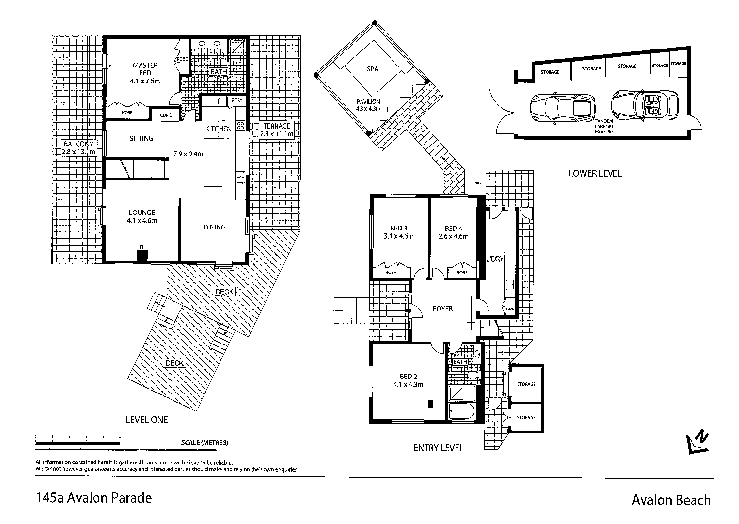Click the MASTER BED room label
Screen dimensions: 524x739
pyautogui.click(x=145, y=69)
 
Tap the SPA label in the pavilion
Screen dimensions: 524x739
pyautogui.click(x=372, y=69)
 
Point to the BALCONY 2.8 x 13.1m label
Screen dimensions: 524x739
pyautogui.click(x=78, y=147)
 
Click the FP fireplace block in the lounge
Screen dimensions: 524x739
pyautogui.click(x=142, y=256)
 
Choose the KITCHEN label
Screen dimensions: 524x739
pyautogui.click(x=218, y=129)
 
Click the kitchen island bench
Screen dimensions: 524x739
pyautogui.click(x=213, y=163)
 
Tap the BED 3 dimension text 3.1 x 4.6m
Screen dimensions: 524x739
pyautogui.click(x=398, y=237)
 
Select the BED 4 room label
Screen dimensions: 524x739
pyautogui.click(x=453, y=229)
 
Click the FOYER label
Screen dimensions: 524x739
pyautogui.click(x=442, y=309)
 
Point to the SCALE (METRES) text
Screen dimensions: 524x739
pyautogui.click(x=204, y=442)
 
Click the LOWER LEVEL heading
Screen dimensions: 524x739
pyautogui.click(x=595, y=173)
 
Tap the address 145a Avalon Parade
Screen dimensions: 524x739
pyautogui.click(x=94, y=498)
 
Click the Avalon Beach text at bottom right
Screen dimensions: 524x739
pyautogui.click(x=671, y=500)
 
